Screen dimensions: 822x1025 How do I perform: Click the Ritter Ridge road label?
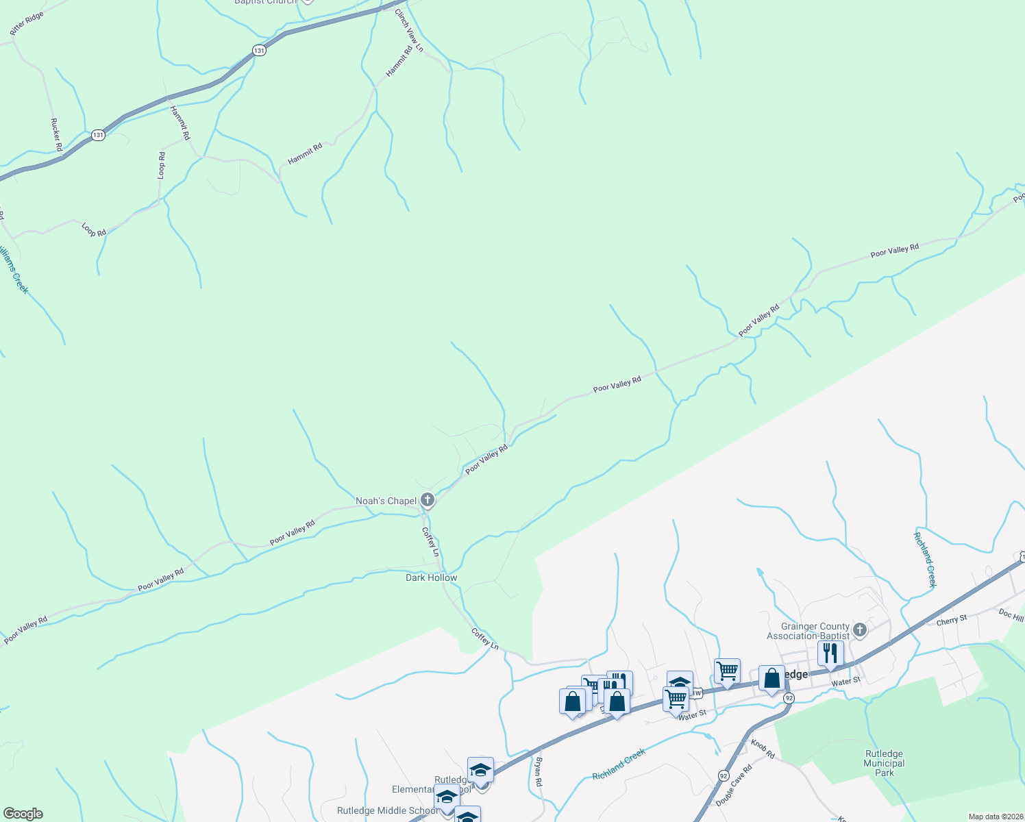click(x=27, y=23)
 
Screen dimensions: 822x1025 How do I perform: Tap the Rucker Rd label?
click(x=56, y=134)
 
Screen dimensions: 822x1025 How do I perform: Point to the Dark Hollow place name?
click(x=431, y=577)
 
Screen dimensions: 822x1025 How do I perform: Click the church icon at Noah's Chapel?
click(x=428, y=501)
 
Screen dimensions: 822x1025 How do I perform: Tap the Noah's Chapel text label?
click(x=386, y=501)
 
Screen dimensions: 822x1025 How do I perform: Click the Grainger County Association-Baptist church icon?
click(x=861, y=630)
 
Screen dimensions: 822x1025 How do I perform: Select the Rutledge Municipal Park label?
click(x=884, y=763)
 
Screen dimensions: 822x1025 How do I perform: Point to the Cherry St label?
click(x=952, y=619)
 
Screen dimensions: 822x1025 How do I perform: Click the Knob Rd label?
click(x=763, y=749)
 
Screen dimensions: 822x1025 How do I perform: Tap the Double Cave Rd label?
click(x=734, y=785)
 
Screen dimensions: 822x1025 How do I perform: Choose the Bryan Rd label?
click(x=539, y=771)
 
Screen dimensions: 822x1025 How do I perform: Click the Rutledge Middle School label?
click(x=387, y=810)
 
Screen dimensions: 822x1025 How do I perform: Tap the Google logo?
click(x=23, y=814)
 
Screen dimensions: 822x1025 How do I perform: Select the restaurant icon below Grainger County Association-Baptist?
click(x=830, y=653)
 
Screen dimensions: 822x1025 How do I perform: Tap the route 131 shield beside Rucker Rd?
click(x=99, y=135)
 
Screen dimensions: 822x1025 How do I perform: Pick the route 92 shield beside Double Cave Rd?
click(x=724, y=775)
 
